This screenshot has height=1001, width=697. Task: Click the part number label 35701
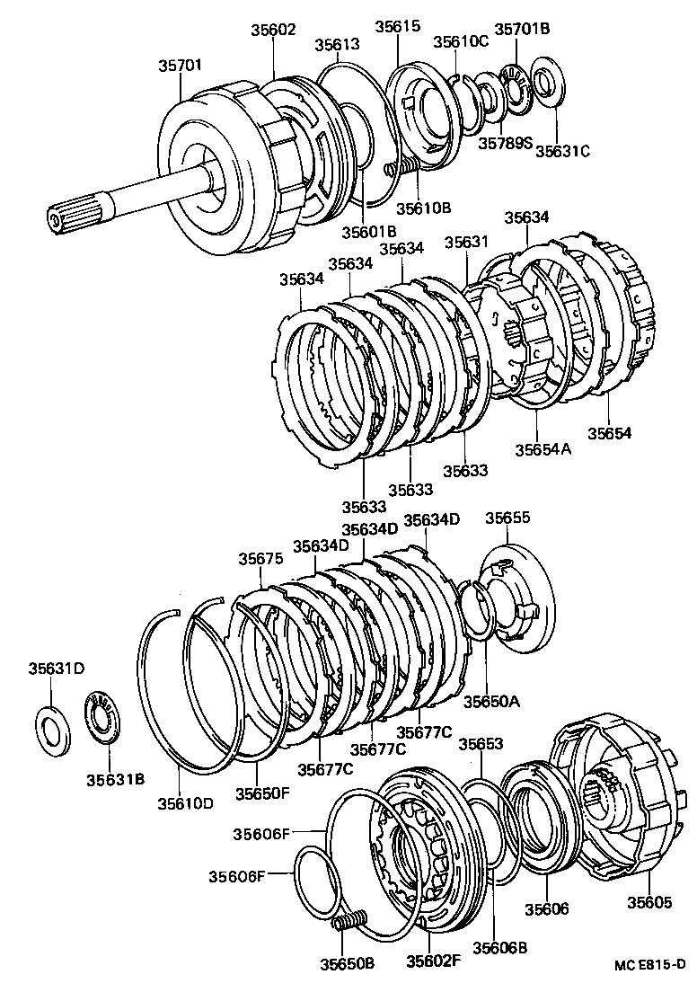click(181, 66)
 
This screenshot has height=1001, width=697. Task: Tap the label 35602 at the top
click(274, 29)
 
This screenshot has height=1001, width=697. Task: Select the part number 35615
click(397, 27)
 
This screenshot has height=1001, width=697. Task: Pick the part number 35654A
click(543, 448)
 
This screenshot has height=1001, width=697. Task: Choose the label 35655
click(507, 518)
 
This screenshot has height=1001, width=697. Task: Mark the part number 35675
click(260, 558)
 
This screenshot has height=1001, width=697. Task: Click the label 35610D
click(185, 802)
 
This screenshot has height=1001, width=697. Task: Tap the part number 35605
click(648, 902)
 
